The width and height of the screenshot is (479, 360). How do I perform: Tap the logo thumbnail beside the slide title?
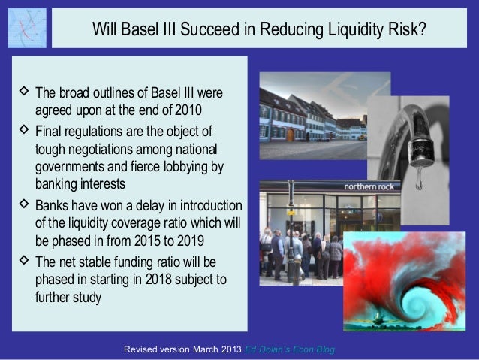[x=27, y=28]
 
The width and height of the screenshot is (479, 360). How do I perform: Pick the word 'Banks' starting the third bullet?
[x=53, y=207]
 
